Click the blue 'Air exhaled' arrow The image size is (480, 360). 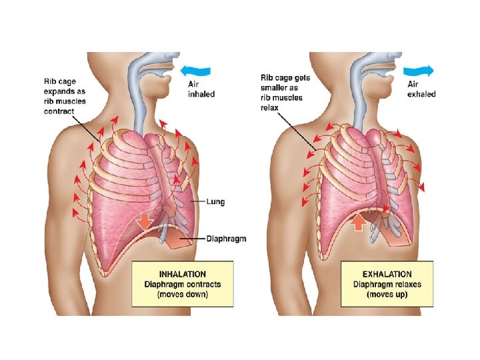pyautogui.click(x=421, y=69)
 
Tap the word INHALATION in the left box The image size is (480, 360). pyautogui.click(x=182, y=274)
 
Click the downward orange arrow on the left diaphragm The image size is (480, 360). pyautogui.click(x=145, y=221)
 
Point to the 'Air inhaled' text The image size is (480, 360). pyautogui.click(x=200, y=89)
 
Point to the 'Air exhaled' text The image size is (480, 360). pyautogui.click(x=421, y=89)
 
